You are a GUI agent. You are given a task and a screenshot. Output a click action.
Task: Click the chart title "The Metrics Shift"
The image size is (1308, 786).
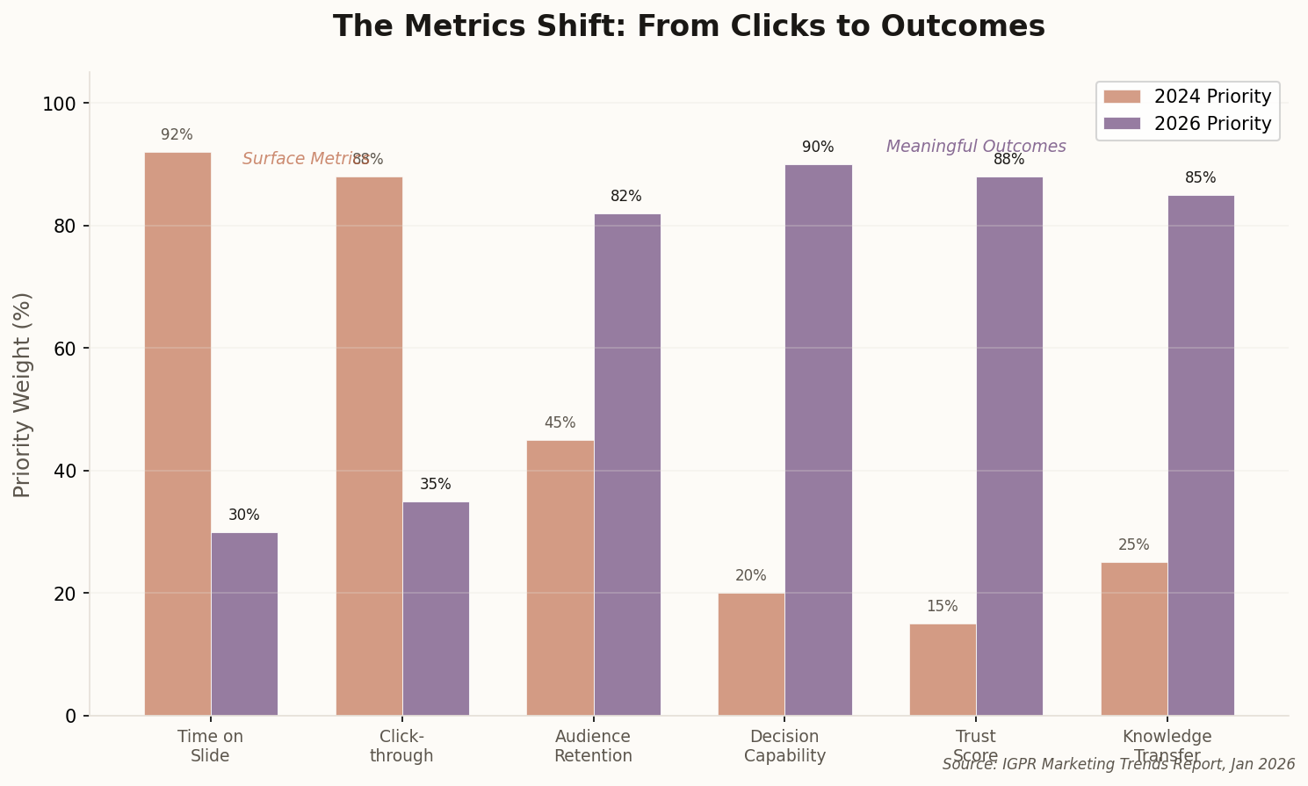(689, 26)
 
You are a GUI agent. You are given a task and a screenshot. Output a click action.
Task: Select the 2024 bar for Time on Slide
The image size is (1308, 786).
(177, 434)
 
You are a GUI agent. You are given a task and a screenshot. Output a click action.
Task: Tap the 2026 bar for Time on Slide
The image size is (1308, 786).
(244, 624)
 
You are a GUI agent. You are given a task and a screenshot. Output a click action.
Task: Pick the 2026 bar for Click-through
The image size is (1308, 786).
(436, 609)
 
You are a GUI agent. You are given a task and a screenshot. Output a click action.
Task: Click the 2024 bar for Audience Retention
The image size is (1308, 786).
(560, 578)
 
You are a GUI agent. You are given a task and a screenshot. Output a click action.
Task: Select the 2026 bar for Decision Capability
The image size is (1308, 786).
(818, 440)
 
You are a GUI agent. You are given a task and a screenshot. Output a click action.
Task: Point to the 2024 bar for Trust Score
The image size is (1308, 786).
(942, 670)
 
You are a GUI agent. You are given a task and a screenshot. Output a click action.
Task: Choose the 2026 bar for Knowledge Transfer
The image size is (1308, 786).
(1200, 455)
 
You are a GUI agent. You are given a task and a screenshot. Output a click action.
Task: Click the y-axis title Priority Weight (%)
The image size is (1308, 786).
(23, 394)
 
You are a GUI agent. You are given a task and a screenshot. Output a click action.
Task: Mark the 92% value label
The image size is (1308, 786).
(177, 135)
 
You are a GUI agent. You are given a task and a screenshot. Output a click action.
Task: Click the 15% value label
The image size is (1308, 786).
(942, 607)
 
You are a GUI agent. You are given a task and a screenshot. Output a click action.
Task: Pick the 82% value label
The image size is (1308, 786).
(626, 197)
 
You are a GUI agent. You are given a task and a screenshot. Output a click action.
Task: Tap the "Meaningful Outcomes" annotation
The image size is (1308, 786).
(975, 147)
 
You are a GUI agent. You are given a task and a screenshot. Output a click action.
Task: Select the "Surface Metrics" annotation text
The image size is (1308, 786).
(299, 159)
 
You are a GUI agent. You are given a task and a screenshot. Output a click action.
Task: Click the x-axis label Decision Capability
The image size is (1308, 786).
(784, 746)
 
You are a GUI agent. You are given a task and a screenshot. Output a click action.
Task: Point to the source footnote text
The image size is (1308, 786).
(1118, 764)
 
